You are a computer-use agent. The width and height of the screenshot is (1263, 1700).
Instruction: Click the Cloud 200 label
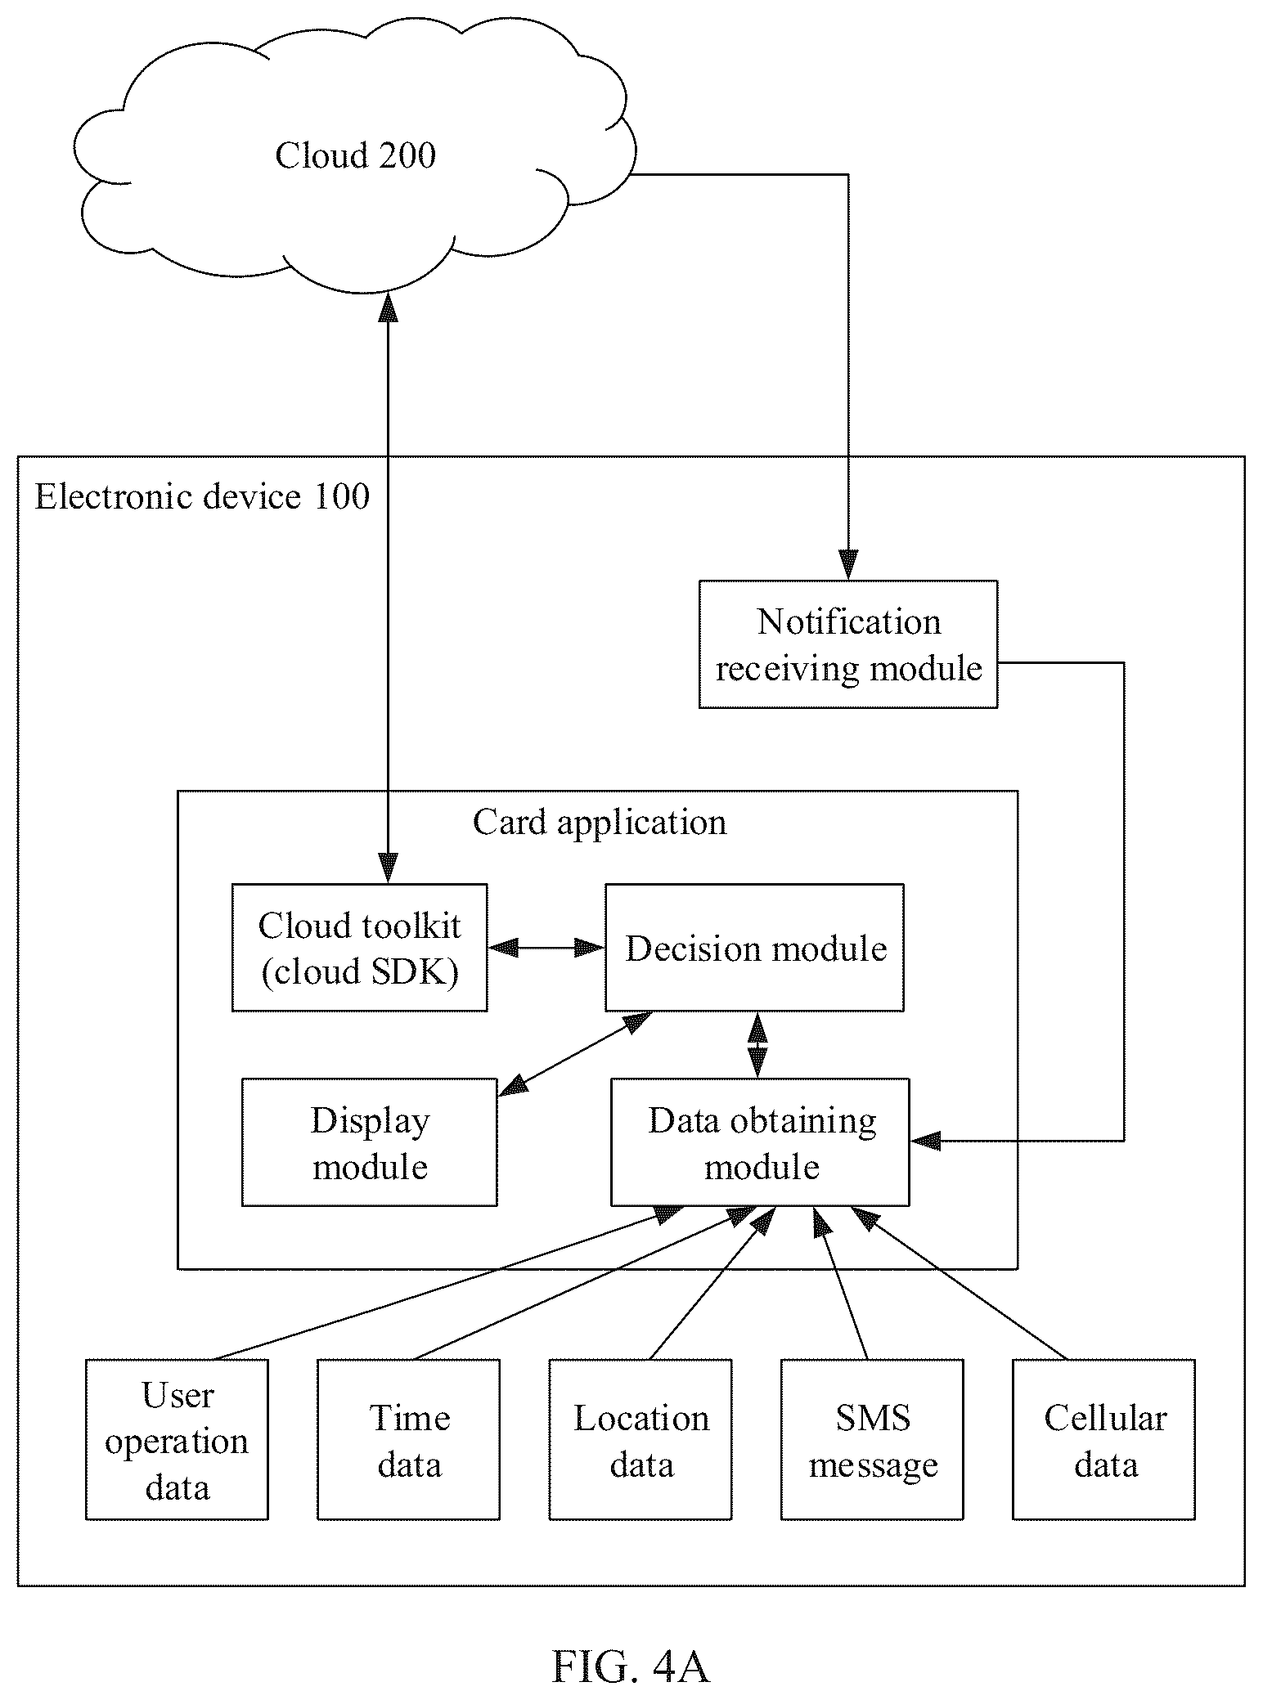355,155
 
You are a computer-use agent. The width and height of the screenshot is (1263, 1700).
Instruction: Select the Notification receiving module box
848,644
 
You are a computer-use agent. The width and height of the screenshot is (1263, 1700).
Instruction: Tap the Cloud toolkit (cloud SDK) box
360,948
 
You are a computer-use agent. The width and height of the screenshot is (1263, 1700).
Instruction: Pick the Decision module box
754,948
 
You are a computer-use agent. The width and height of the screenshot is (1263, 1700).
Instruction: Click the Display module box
370,1142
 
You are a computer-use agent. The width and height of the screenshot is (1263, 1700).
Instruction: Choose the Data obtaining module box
760,1142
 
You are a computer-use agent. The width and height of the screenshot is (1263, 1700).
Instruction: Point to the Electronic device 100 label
202,497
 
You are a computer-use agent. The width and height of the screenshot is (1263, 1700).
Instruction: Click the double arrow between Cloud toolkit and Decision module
546,948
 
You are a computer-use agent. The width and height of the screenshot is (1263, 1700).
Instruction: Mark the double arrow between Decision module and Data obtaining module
757,1045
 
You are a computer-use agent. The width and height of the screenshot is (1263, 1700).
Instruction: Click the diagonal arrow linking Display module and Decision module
575,1054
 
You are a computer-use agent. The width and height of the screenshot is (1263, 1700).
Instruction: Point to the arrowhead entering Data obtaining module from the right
925,1141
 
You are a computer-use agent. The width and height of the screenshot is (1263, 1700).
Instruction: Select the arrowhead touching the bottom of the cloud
388,307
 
